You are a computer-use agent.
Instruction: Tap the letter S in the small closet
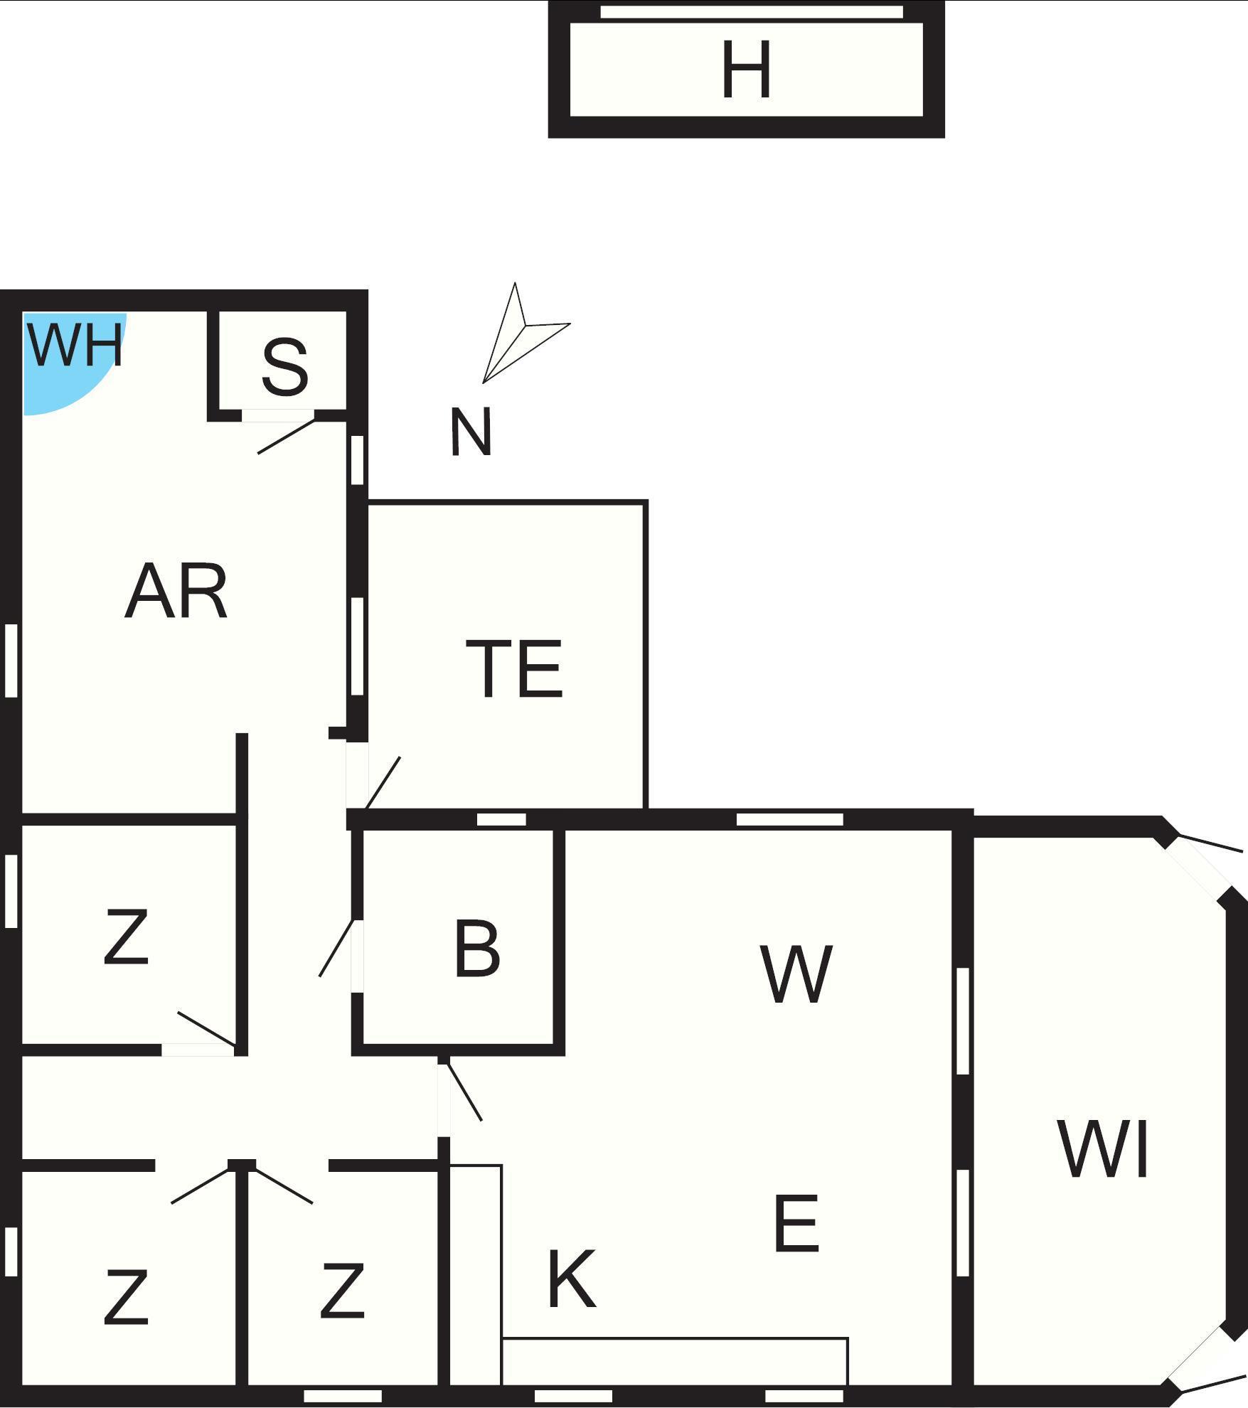pyautogui.click(x=284, y=368)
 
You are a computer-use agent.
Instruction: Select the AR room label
pyautogui.click(x=176, y=592)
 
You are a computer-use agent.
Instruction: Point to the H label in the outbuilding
pyautogui.click(x=746, y=70)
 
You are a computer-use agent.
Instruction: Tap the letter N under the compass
pyautogui.click(x=471, y=432)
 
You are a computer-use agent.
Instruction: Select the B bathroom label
pyautogui.click(x=476, y=949)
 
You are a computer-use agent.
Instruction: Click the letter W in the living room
pyautogui.click(x=796, y=974)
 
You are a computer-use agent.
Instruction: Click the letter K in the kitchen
pyautogui.click(x=571, y=1280)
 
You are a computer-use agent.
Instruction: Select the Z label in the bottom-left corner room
pyautogui.click(x=126, y=1298)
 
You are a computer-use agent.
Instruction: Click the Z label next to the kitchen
pyautogui.click(x=342, y=1291)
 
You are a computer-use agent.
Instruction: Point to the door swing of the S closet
pyautogui.click(x=286, y=436)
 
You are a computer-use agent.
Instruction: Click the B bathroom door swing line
pyautogui.click(x=336, y=948)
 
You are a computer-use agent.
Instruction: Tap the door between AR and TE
pyautogui.click(x=383, y=782)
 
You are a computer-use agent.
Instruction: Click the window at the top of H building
pyautogui.click(x=752, y=12)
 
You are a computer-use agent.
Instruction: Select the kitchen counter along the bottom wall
pyautogui.click(x=674, y=1361)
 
